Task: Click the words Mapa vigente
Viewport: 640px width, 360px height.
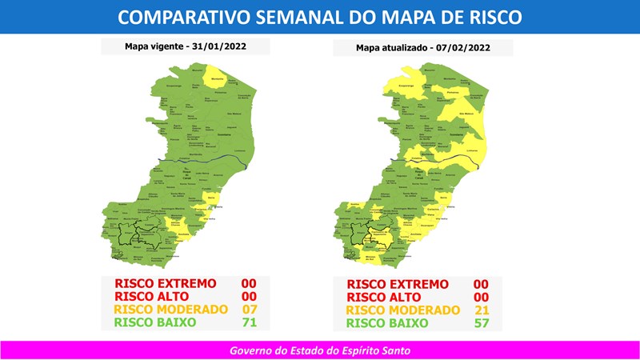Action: (x=153, y=46)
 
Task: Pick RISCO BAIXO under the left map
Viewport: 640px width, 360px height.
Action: (x=154, y=323)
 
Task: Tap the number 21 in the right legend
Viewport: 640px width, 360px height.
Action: (x=481, y=310)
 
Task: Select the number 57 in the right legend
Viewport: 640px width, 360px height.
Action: (x=481, y=324)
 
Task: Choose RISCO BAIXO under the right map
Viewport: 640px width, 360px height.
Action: (x=387, y=324)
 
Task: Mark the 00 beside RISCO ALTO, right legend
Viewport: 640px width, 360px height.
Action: (x=481, y=297)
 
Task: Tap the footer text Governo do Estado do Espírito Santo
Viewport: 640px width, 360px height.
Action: (x=320, y=350)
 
